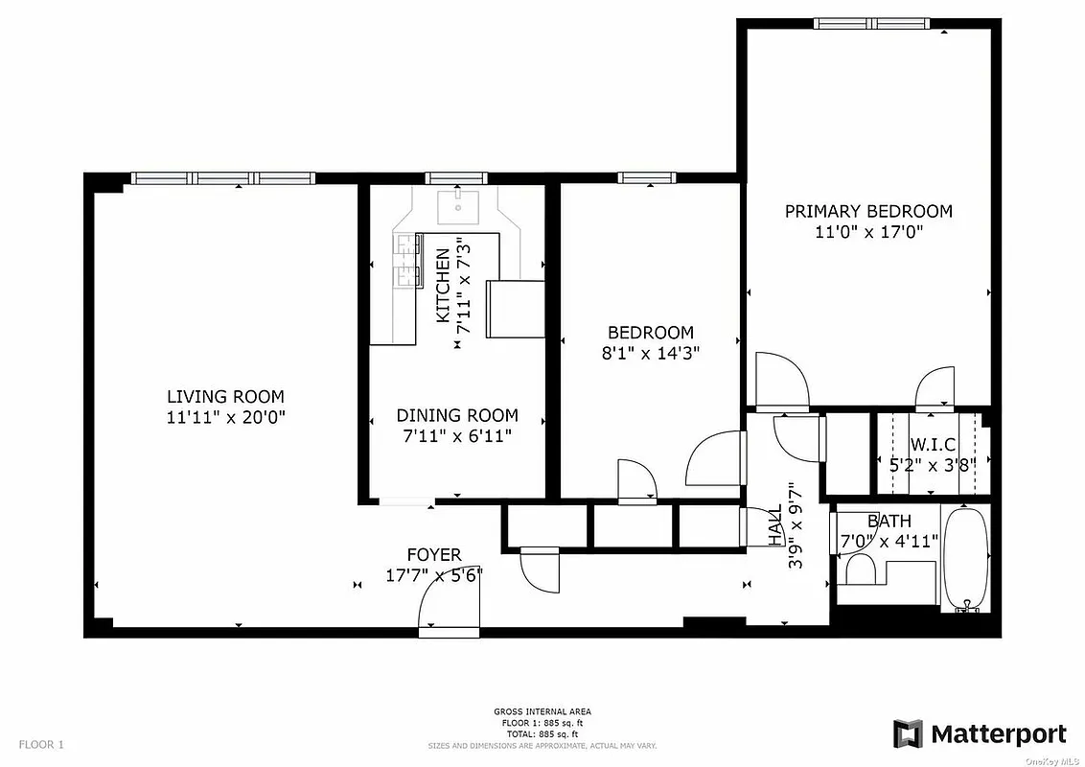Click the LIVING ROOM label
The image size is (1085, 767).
(x=225, y=396)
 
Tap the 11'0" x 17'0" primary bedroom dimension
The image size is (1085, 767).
(x=868, y=232)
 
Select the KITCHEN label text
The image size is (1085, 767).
(x=443, y=286)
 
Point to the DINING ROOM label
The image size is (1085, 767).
(x=457, y=415)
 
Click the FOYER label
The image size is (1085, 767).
(x=434, y=554)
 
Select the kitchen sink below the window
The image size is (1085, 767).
(x=457, y=205)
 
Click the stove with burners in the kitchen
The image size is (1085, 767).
(x=408, y=262)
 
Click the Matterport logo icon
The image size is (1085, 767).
(x=908, y=734)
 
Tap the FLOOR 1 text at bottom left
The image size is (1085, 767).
(x=41, y=744)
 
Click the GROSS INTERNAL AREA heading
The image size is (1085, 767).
(x=542, y=711)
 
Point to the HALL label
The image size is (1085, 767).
(x=774, y=525)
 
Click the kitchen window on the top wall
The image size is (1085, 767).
(x=457, y=177)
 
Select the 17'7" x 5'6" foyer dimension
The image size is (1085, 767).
(x=433, y=575)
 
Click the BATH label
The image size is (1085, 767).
(x=889, y=522)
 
